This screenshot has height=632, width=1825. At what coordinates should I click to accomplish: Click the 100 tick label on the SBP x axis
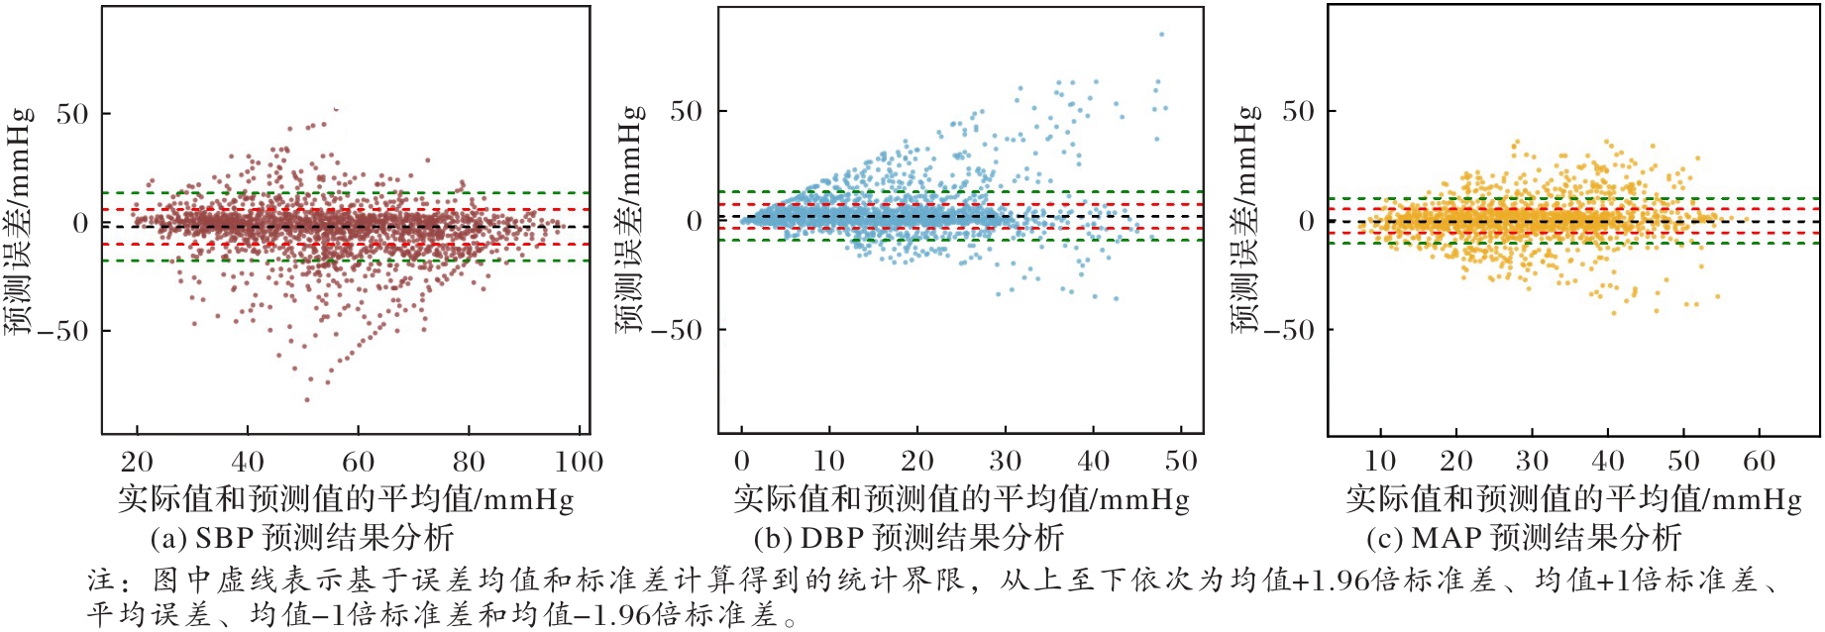580,462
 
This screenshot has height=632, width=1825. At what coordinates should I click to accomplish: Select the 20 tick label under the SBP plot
137,462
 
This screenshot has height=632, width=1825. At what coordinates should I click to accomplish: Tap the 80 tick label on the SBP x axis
469,462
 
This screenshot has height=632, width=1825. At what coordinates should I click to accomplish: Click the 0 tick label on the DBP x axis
742,461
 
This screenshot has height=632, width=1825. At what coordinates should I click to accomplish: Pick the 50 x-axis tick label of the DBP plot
1181,461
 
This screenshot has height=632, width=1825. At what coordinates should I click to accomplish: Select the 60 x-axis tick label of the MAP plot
1759,461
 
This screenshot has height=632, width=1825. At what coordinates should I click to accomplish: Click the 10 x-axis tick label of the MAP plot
1380,461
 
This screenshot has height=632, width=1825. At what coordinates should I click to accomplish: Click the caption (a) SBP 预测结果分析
302,538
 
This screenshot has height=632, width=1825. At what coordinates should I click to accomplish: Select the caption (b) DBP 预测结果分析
909,538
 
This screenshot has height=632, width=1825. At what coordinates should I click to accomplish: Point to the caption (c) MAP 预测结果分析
1524,538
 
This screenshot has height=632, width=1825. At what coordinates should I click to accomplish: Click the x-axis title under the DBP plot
961,498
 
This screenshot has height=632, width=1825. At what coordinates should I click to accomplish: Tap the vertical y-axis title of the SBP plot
19,220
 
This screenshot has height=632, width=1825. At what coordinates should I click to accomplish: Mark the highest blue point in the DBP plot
1161,35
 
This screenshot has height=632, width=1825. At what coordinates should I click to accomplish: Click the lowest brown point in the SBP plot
307,400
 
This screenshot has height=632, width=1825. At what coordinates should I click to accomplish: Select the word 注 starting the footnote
101,579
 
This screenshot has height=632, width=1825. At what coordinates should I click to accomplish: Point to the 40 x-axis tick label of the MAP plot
1607,461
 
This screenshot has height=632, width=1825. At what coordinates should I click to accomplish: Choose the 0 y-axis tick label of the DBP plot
695,222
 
